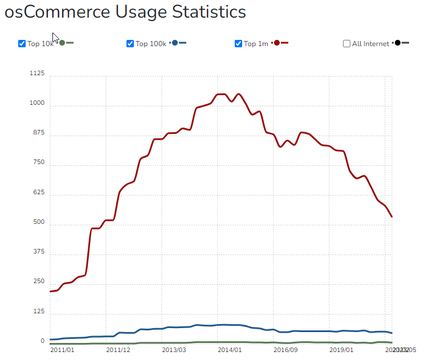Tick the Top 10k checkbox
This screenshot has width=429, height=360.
pos(22,44)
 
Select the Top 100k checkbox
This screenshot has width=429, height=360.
pos(130,44)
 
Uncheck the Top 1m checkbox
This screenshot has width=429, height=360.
pos(238,44)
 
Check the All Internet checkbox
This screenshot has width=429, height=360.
pos(346,44)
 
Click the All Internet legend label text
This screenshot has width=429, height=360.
pos(370,44)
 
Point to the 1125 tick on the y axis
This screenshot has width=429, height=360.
pos(36,73)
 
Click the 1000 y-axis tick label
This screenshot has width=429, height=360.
pos(36,103)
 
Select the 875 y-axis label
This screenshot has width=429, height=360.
pos(38,133)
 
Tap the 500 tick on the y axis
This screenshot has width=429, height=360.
pos(38,222)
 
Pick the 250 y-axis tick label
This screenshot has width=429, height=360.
pos(38,281)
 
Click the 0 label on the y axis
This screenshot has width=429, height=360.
pos(42,341)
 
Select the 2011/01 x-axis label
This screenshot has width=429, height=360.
pos(62,350)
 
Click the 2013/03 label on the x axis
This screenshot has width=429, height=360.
pos(174,350)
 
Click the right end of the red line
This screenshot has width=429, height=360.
pos(391,216)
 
